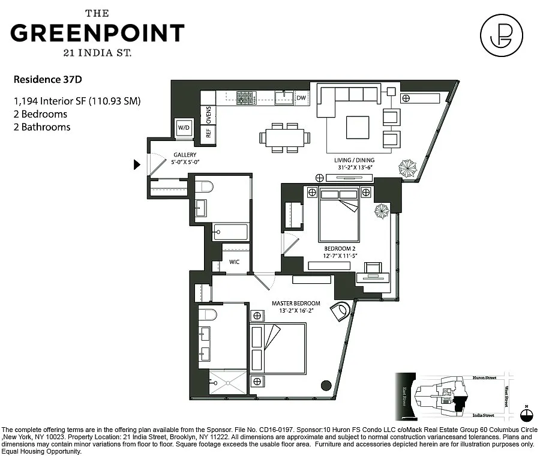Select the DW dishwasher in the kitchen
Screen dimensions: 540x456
[x=301, y=98]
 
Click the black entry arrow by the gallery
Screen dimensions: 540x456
[x=137, y=164]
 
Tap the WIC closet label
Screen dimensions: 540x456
[x=235, y=262]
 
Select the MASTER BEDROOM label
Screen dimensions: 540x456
[x=296, y=303]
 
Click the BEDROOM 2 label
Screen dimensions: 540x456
[x=340, y=248]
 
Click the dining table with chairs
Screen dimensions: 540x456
[x=285, y=137]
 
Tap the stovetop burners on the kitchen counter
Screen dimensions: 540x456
[x=246, y=97]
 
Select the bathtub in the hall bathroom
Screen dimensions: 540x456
[x=230, y=232]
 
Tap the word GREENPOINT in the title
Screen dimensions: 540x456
[x=97, y=32]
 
